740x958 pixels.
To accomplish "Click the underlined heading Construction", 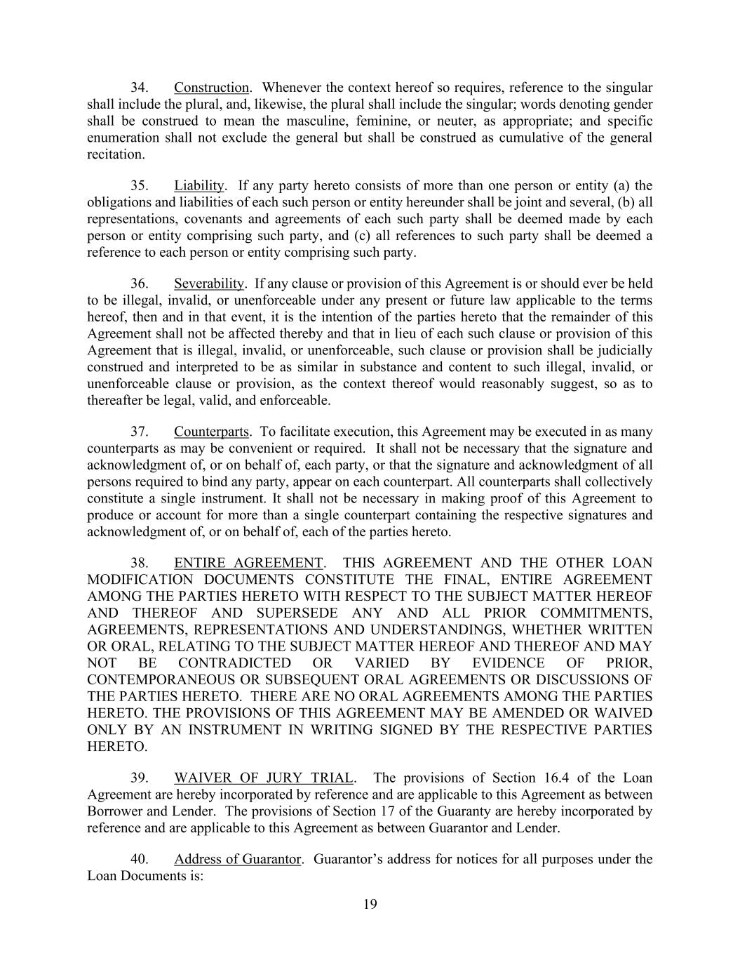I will click(x=211, y=88).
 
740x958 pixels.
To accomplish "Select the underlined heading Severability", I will click(x=209, y=284).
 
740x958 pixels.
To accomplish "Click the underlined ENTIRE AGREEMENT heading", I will click(x=248, y=564).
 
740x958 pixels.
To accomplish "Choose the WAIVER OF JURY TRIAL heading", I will click(x=264, y=778).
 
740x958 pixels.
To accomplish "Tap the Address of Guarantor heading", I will click(x=238, y=860).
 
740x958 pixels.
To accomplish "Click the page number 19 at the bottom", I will click(x=370, y=905).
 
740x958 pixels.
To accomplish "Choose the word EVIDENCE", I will click(x=506, y=663).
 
